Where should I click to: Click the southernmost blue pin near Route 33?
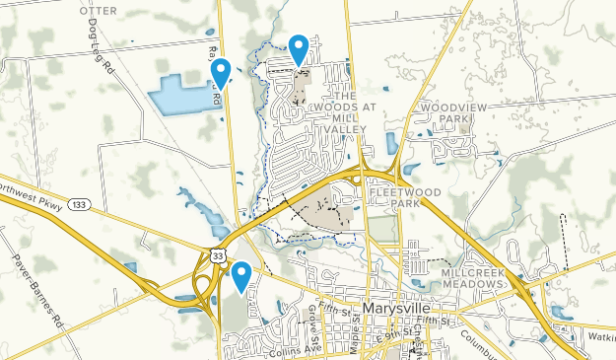(240, 275)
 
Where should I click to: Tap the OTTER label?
(98, 9)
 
